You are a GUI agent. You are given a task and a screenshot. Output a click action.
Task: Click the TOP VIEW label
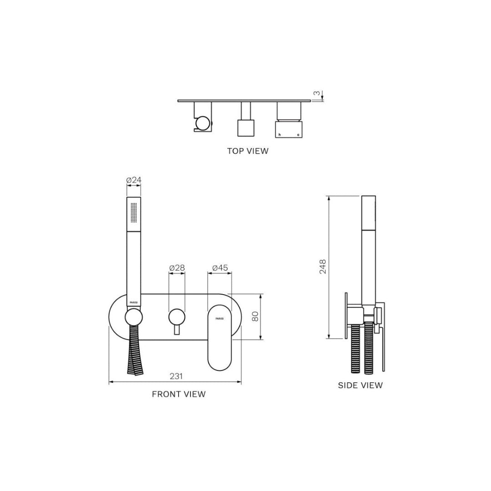[x=248, y=151]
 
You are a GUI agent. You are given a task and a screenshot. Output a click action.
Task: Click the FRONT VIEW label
[x=179, y=394]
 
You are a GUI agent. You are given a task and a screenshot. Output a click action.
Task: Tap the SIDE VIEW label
[x=360, y=386]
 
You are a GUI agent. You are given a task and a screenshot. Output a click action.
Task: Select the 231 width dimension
[x=176, y=376]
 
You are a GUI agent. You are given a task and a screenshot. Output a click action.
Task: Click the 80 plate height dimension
[x=255, y=316]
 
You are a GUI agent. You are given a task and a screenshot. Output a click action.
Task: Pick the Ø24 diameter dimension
[x=134, y=180]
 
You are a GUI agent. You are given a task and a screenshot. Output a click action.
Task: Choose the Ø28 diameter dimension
[x=177, y=268]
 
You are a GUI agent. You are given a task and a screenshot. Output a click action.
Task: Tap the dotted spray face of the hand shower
[x=134, y=212]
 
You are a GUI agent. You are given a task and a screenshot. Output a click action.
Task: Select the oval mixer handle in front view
[x=220, y=336]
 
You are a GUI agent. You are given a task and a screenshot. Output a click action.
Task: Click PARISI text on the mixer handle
[x=220, y=319]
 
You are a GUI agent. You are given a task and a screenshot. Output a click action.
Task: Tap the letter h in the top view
[x=280, y=135]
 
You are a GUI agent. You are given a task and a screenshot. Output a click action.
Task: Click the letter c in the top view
[x=298, y=135]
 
